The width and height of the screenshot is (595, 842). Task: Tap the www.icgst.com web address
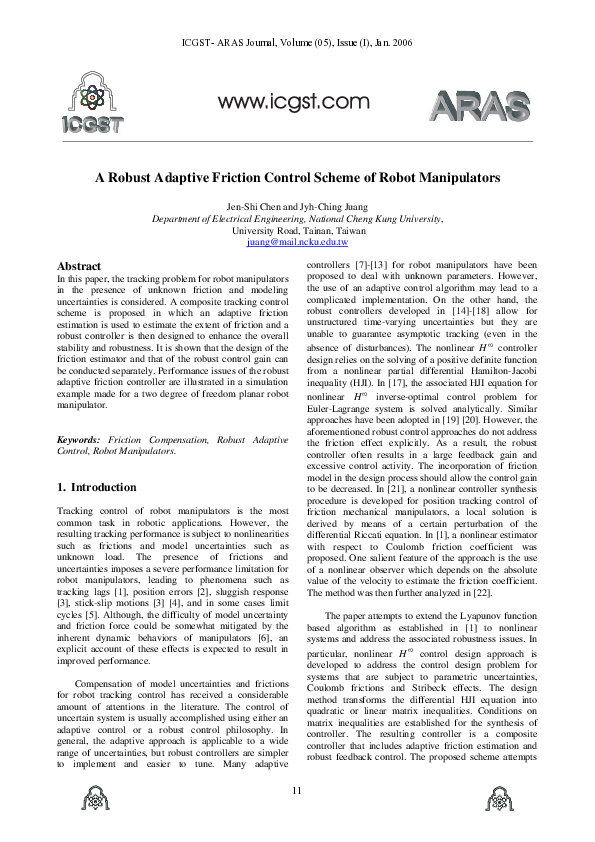coord(294,100)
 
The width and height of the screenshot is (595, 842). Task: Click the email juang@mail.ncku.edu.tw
coord(297,242)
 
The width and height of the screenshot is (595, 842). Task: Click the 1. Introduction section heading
coord(97,487)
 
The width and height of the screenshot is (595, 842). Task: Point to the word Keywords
coord(78,440)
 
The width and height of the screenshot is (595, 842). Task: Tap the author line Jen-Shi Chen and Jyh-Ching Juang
coord(297,206)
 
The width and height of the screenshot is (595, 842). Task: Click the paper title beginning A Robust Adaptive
coord(297,177)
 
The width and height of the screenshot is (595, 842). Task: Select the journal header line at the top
coord(297,43)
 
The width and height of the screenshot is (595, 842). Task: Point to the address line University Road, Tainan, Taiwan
coord(297,230)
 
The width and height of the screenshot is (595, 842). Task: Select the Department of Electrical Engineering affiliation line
coord(297,218)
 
